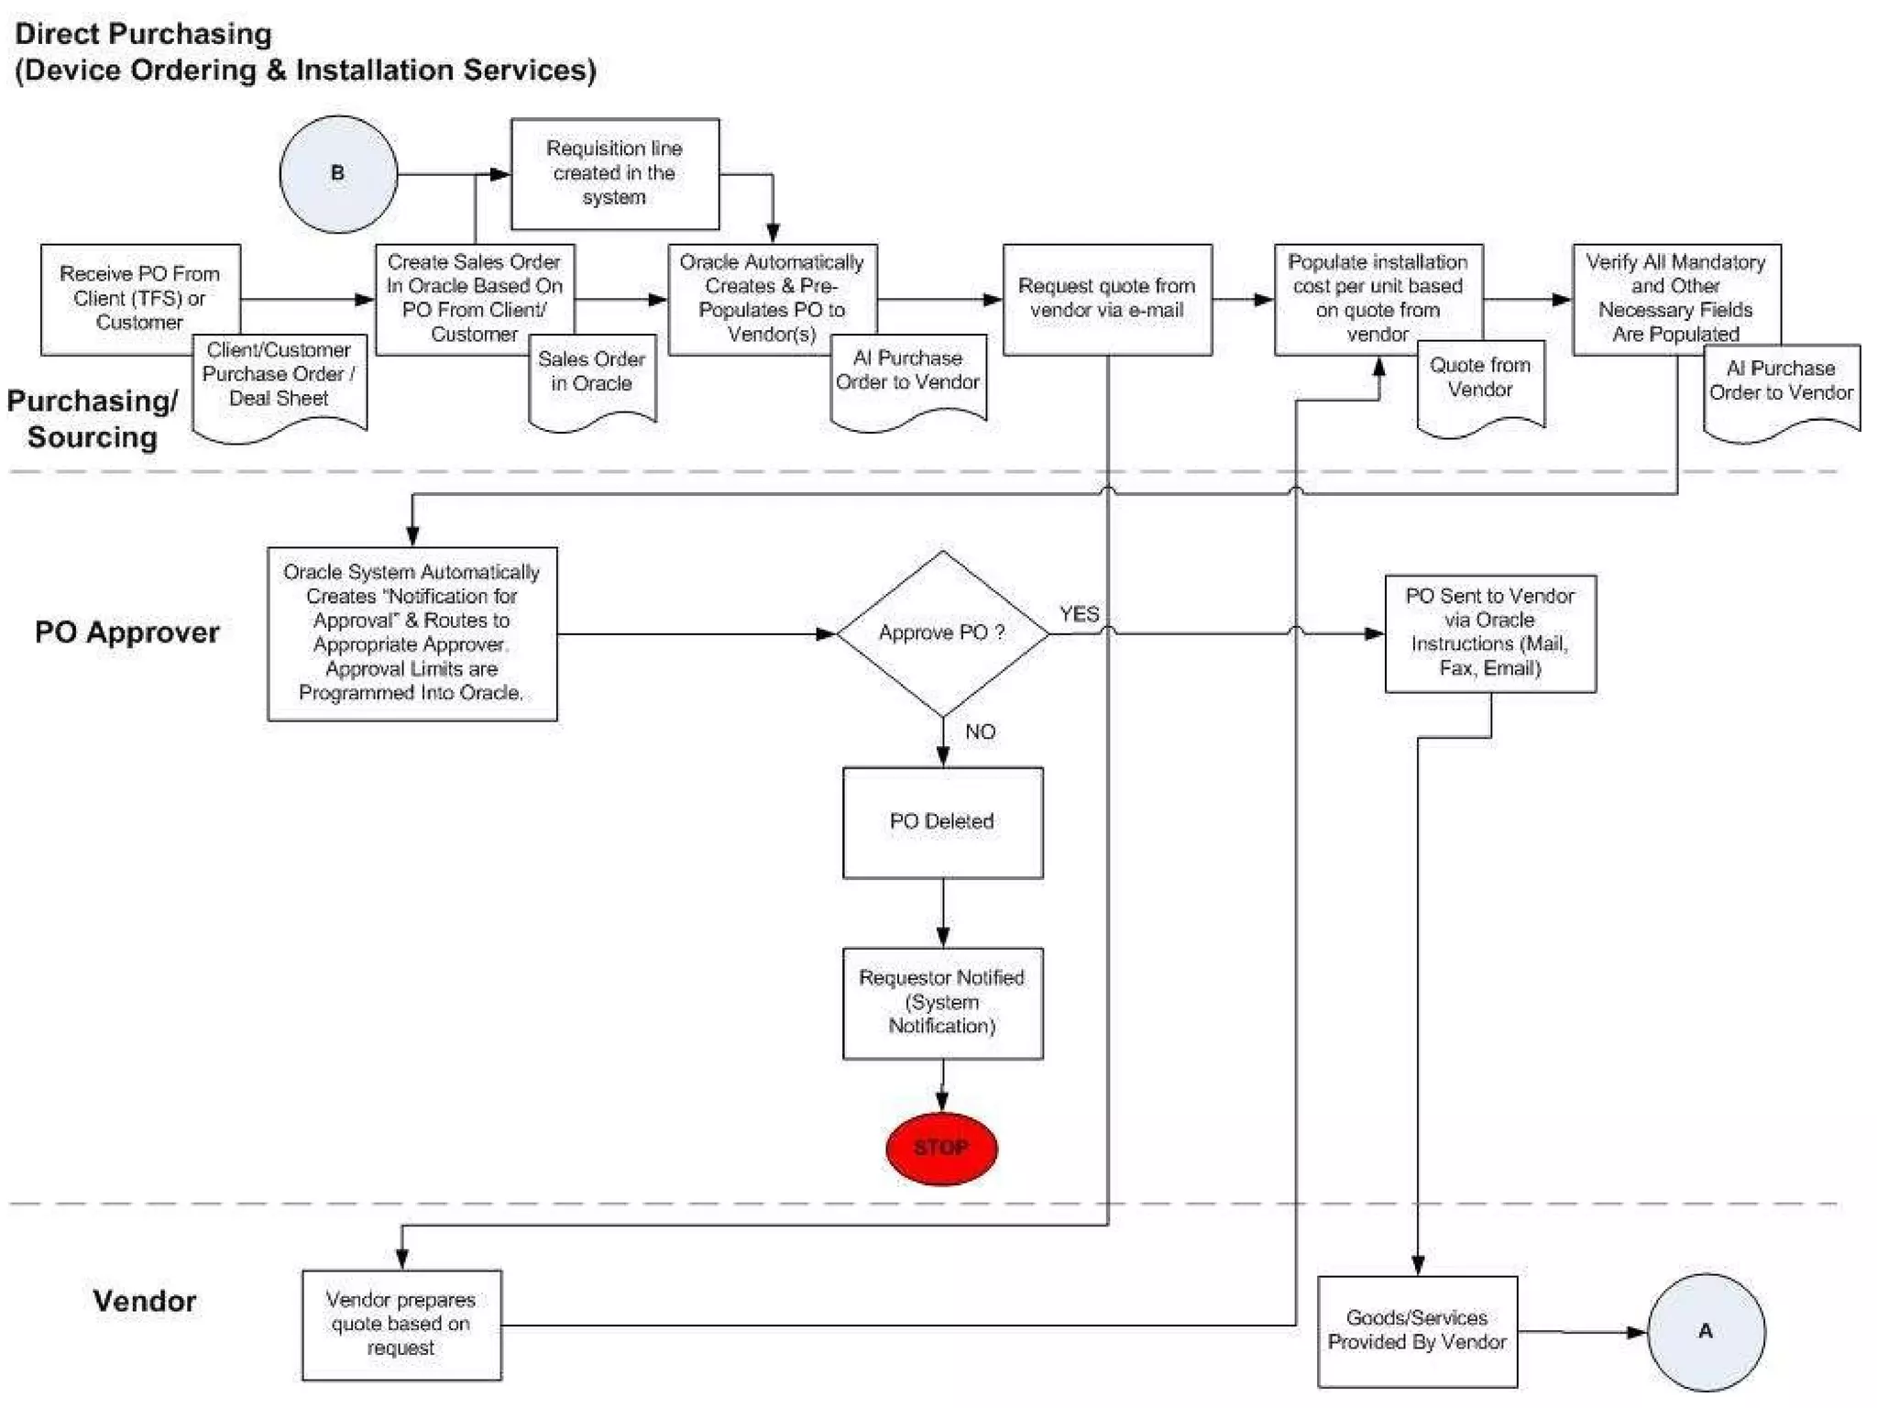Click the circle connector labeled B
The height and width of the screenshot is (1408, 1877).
(338, 174)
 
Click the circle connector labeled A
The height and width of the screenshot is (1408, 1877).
(1706, 1332)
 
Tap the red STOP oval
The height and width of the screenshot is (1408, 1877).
(941, 1148)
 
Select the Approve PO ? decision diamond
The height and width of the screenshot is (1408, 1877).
(942, 633)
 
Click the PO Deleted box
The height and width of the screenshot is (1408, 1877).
(942, 822)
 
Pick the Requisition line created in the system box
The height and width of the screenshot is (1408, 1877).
(614, 173)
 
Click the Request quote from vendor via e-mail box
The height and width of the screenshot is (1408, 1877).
(1107, 299)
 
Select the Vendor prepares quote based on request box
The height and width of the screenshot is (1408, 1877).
(401, 1325)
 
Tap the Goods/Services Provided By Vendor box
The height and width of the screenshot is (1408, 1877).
(1417, 1331)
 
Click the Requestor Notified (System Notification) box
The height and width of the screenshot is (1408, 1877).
(942, 1003)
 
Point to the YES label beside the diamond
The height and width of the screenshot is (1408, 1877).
(1079, 614)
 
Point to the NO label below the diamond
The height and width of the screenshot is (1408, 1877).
(980, 731)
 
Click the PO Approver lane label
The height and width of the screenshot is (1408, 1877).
(127, 632)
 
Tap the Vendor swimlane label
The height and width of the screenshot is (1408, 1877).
(144, 1301)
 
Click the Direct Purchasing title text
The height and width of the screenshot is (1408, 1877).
(144, 34)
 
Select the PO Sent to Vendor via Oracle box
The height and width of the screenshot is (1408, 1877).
(1490, 632)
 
